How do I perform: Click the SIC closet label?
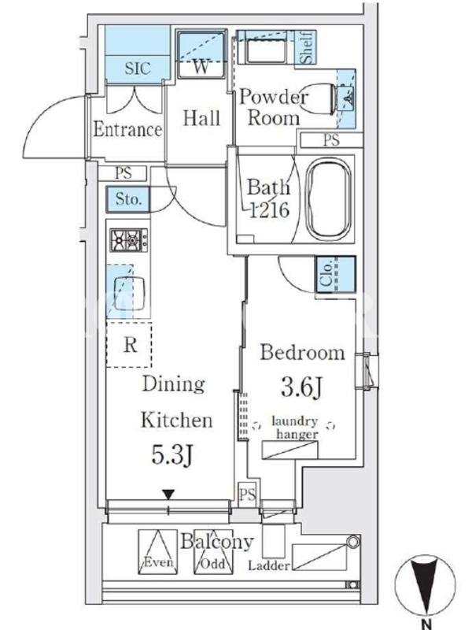pyautogui.click(x=137, y=68)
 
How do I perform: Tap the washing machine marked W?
pyautogui.click(x=201, y=54)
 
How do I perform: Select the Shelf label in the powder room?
pyautogui.click(x=308, y=47)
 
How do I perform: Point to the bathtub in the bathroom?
pyautogui.click(x=329, y=199)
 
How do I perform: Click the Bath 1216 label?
pyautogui.click(x=268, y=198)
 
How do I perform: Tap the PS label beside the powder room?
pyautogui.click(x=331, y=140)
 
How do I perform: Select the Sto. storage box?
pyautogui.click(x=128, y=199)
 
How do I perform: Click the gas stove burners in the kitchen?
pyautogui.click(x=129, y=240)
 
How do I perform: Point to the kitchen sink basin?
pyautogui.click(x=128, y=293)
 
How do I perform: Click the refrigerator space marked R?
pyautogui.click(x=129, y=344)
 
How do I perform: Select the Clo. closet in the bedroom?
pyautogui.click(x=336, y=274)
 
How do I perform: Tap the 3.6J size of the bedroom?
pyautogui.click(x=302, y=387)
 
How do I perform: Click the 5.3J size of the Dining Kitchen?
pyautogui.click(x=173, y=455)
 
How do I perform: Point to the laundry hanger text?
pyautogui.click(x=296, y=428)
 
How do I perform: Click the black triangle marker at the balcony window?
pyautogui.click(x=168, y=495)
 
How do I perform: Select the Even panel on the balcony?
pyautogui.click(x=158, y=552)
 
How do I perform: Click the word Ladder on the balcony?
pyautogui.click(x=268, y=565)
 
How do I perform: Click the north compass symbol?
pyautogui.click(x=425, y=584)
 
